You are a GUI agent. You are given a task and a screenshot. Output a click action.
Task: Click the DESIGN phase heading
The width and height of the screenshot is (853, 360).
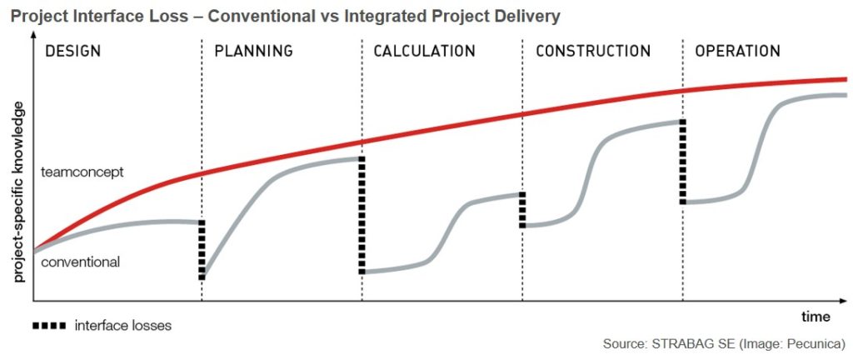pyautogui.click(x=72, y=51)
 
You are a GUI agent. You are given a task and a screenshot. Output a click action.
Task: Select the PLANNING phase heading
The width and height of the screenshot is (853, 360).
pyautogui.click(x=253, y=51)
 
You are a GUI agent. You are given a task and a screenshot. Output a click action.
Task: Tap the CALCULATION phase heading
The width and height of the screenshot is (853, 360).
pyautogui.click(x=424, y=51)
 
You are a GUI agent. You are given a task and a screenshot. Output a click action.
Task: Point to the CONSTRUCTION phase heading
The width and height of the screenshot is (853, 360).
pyautogui.click(x=592, y=51)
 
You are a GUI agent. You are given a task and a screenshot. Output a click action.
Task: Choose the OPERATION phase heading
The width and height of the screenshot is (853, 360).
pyautogui.click(x=737, y=51)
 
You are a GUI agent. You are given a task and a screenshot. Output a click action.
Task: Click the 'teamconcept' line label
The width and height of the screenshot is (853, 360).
pyautogui.click(x=82, y=172)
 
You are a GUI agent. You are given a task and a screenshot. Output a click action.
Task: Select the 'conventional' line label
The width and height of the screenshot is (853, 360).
pyautogui.click(x=81, y=262)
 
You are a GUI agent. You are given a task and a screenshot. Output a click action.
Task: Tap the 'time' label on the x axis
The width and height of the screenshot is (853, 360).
pyautogui.click(x=816, y=317)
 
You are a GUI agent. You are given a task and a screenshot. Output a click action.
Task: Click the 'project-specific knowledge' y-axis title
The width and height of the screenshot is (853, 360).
pyautogui.click(x=18, y=193)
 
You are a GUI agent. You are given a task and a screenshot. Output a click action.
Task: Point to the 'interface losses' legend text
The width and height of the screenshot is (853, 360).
pyautogui.click(x=122, y=326)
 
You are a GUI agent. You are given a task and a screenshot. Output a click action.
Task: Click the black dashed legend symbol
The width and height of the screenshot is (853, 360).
pyautogui.click(x=49, y=325)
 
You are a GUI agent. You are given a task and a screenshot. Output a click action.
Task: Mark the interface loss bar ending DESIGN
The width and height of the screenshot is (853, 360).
pyautogui.click(x=202, y=249)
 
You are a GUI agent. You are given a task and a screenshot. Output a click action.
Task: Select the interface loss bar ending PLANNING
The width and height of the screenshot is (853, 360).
pyautogui.click(x=362, y=215)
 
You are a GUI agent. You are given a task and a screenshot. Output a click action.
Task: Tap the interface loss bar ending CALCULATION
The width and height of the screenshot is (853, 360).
pyautogui.click(x=522, y=210)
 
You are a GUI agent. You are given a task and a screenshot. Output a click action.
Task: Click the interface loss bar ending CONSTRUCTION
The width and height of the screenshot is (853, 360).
pyautogui.click(x=683, y=162)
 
